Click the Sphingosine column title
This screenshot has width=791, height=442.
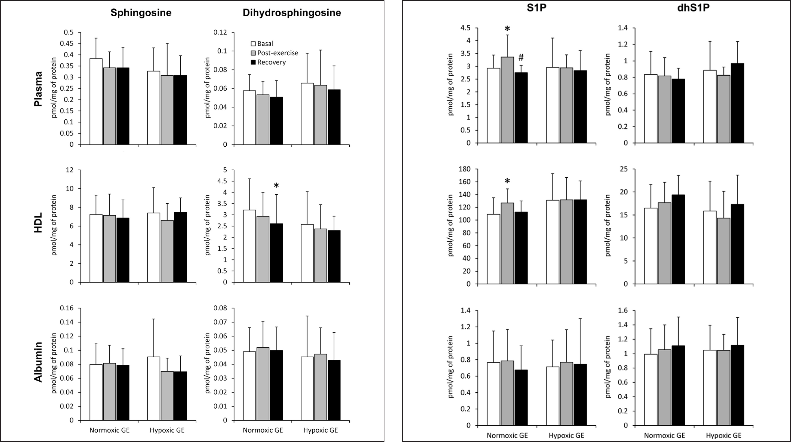point(141,13)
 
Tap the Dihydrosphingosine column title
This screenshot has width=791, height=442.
point(292,13)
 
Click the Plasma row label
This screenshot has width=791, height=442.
point(38,89)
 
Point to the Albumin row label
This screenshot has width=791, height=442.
point(38,362)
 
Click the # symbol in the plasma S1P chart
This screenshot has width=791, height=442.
point(521,57)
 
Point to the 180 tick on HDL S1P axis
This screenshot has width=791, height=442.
point(464,169)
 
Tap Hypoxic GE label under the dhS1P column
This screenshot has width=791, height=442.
point(723,435)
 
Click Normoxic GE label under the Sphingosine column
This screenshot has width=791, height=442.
point(109,430)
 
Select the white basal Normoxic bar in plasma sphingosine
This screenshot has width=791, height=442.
point(96,101)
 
